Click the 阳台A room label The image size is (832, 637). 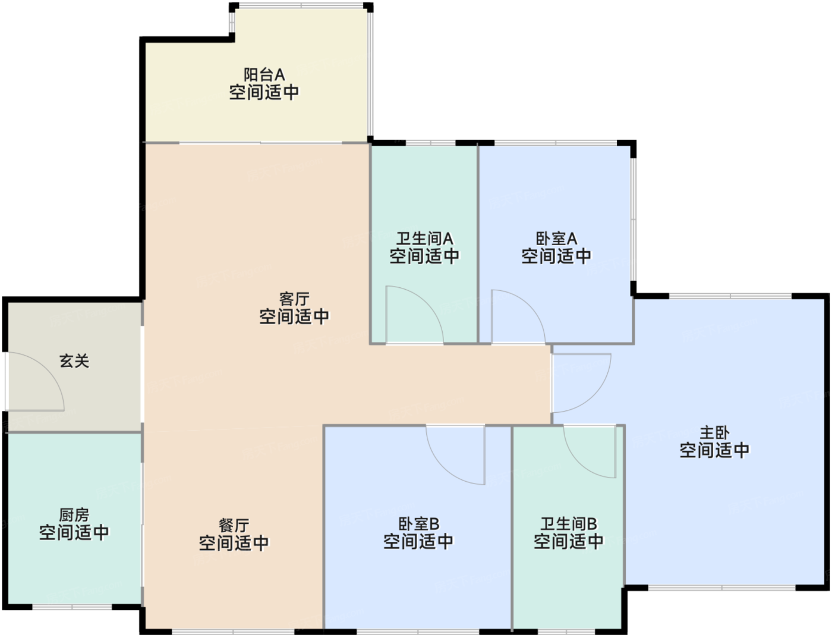264,75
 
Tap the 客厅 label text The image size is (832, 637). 294,299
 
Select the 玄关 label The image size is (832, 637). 74,361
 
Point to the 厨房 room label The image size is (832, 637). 74,515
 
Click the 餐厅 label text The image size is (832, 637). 234,526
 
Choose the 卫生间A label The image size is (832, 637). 424,239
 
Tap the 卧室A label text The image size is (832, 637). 556,239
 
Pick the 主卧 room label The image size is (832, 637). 714,433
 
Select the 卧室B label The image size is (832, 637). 418,525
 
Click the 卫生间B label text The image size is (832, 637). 569,525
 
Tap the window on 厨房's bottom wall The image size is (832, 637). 72,607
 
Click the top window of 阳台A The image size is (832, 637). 301,6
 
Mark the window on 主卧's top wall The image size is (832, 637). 730,296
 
